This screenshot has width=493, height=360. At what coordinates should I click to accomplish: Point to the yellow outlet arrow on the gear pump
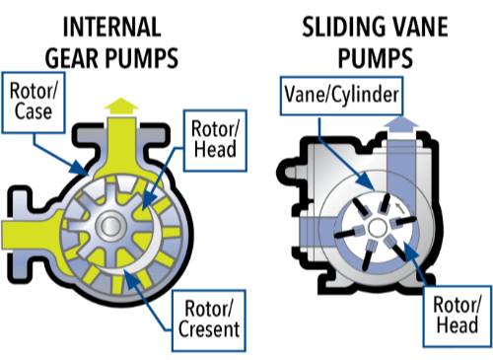(x=121, y=102)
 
